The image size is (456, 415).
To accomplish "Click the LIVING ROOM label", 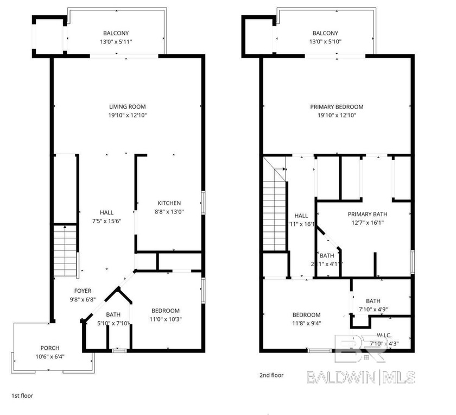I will [127, 107].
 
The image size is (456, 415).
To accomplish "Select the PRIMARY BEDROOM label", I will [337, 107].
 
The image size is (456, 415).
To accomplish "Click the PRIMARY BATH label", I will [368, 214].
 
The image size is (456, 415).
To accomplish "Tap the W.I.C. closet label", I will [384, 335].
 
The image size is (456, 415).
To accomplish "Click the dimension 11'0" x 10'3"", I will [165, 319].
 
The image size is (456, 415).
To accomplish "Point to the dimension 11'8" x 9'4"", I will [306, 323].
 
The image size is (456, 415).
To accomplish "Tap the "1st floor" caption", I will [22, 396].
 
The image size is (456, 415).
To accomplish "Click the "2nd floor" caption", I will [271, 375].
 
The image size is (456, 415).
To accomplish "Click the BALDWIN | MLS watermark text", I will [361, 376].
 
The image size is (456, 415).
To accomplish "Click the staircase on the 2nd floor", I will [275, 209].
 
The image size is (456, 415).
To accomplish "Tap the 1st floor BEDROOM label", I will [165, 311].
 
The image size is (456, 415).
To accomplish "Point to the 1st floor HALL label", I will [106, 212].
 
